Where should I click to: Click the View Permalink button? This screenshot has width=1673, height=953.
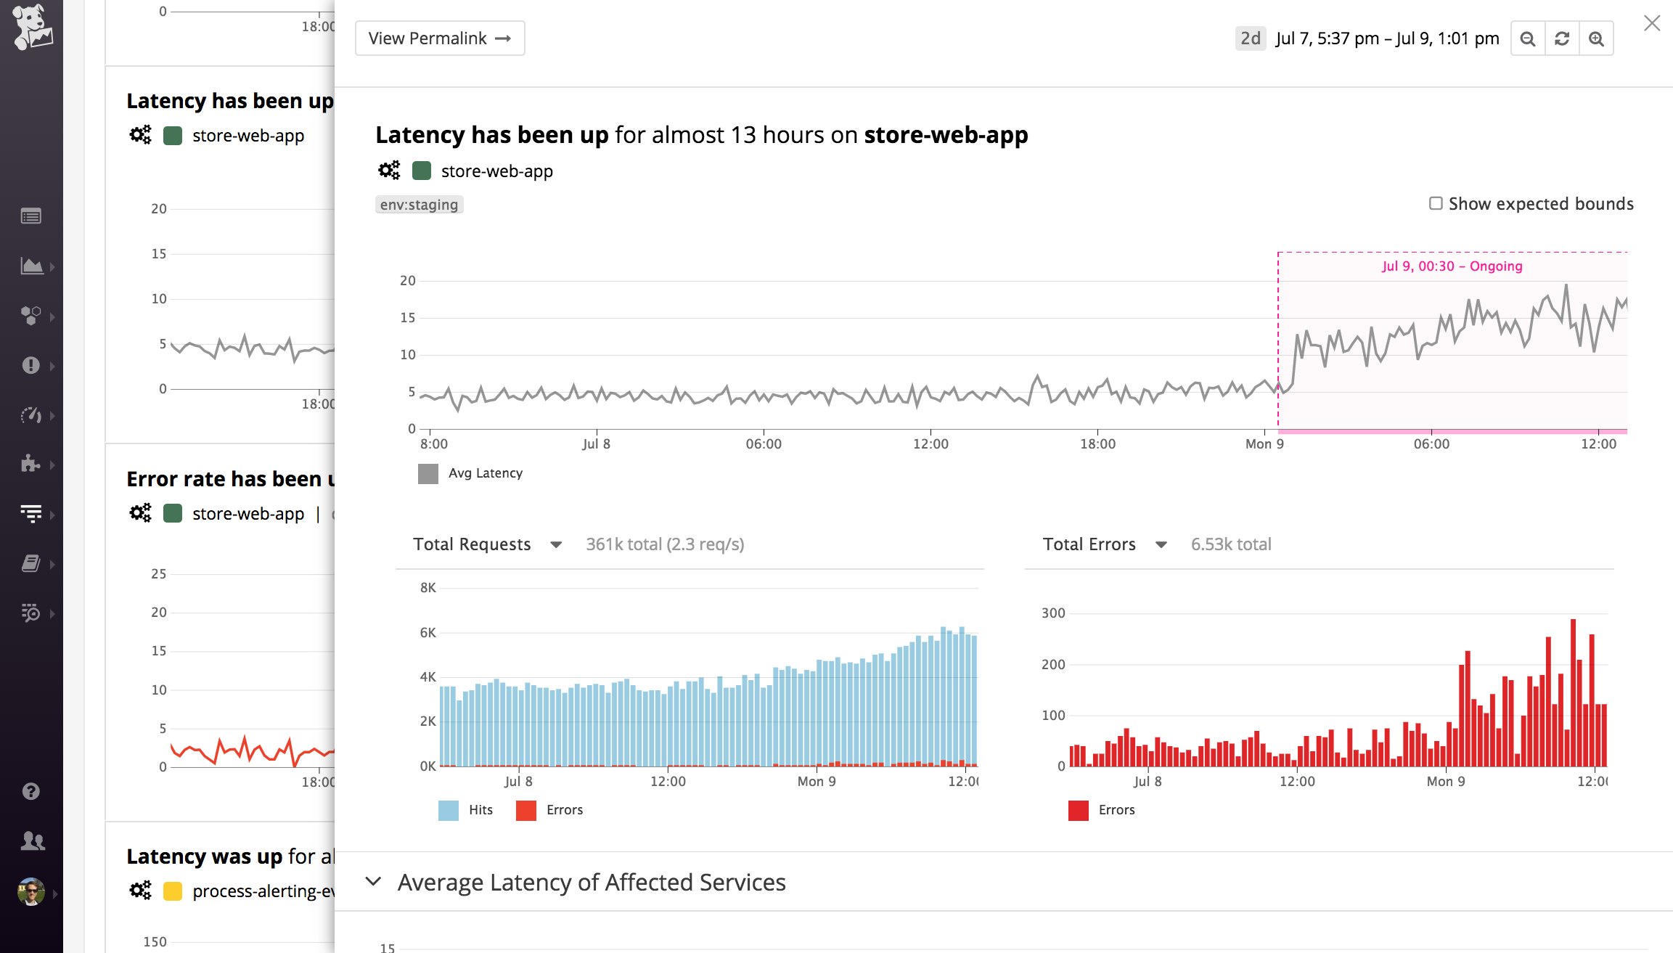tap(439, 38)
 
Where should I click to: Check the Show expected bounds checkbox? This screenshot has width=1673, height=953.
tap(1435, 203)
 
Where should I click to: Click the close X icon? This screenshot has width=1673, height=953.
tap(1651, 24)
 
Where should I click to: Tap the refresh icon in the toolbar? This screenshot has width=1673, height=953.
tap(1561, 38)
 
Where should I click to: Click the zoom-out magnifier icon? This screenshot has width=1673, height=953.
tap(1527, 38)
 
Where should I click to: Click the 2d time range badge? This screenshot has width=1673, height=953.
tap(1250, 38)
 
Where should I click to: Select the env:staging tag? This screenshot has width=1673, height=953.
tap(419, 205)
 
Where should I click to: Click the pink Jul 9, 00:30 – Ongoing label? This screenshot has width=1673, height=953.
tap(1452, 266)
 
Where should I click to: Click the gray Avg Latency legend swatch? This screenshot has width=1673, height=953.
tap(428, 474)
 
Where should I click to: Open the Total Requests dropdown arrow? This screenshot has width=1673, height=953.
tap(556, 544)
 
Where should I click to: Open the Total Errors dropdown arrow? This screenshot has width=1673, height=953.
tap(1161, 544)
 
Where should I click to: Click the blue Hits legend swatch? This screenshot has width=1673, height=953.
tap(449, 810)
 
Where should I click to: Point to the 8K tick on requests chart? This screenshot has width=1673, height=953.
tap(428, 588)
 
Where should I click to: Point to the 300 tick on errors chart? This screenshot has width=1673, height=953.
tap(1053, 613)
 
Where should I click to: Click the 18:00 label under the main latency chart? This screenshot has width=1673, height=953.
tap(1097, 444)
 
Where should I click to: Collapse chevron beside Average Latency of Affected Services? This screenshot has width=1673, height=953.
tap(373, 882)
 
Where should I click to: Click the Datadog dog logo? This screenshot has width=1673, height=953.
tap(31, 27)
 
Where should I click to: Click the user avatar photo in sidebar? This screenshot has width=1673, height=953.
tap(31, 892)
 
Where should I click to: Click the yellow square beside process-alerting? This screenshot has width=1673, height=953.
tap(173, 891)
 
